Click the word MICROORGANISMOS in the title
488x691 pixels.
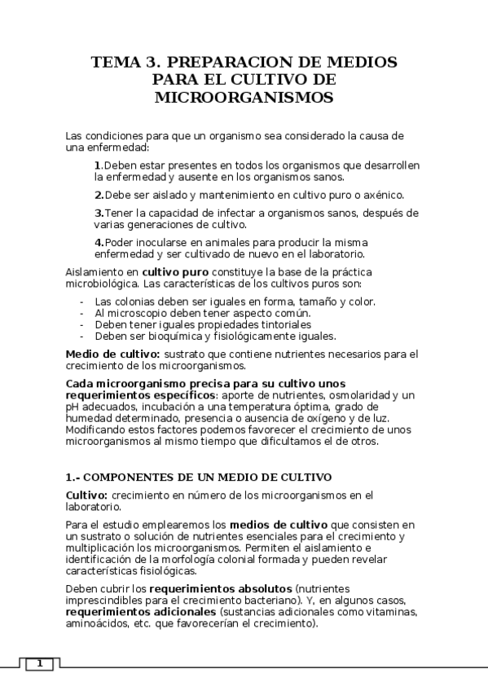pyautogui.click(x=244, y=98)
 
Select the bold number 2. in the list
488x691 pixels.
pyautogui.click(x=98, y=195)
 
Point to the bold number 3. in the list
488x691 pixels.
pyautogui.click(x=98, y=213)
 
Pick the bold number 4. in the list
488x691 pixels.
pyautogui.click(x=98, y=243)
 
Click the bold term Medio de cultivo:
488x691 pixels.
pyautogui.click(x=112, y=354)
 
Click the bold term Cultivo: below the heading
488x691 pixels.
pyautogui.click(x=86, y=495)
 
